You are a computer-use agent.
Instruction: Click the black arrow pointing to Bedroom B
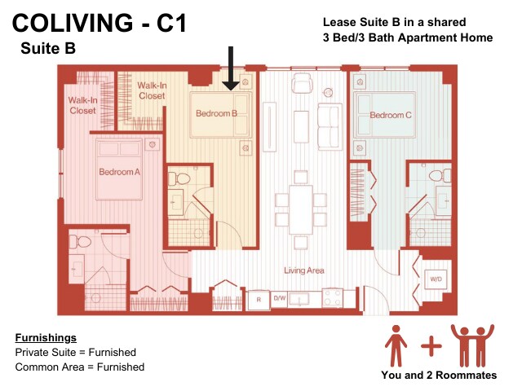231,68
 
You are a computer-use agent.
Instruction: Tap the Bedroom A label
120,172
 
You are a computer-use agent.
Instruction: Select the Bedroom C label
391,115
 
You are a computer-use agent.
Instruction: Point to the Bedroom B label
216,113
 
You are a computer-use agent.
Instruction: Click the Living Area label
304,270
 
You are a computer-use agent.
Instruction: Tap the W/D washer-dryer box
436,279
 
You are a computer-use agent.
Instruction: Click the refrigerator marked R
259,300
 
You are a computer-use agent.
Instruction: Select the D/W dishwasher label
280,298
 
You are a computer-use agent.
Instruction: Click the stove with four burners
333,297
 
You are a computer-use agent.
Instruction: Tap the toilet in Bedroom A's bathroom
80,242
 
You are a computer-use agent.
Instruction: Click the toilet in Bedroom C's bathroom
440,175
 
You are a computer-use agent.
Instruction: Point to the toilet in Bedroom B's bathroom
179,179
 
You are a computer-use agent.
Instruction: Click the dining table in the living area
301,209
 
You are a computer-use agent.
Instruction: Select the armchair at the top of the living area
302,83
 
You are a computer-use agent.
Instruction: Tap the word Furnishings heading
46,338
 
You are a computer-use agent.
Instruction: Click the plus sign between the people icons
431,346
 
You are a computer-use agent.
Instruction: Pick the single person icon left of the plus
396,345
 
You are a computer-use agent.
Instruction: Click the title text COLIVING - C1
100,23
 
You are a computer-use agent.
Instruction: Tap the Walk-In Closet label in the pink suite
83,105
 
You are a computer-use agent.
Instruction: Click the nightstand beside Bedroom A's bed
153,145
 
